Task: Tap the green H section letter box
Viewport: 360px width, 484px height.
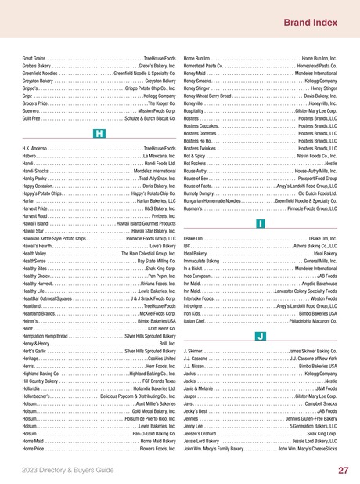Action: click(99, 134)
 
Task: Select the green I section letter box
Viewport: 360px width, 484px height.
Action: click(259, 223)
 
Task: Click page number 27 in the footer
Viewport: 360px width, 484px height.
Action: click(343, 470)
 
